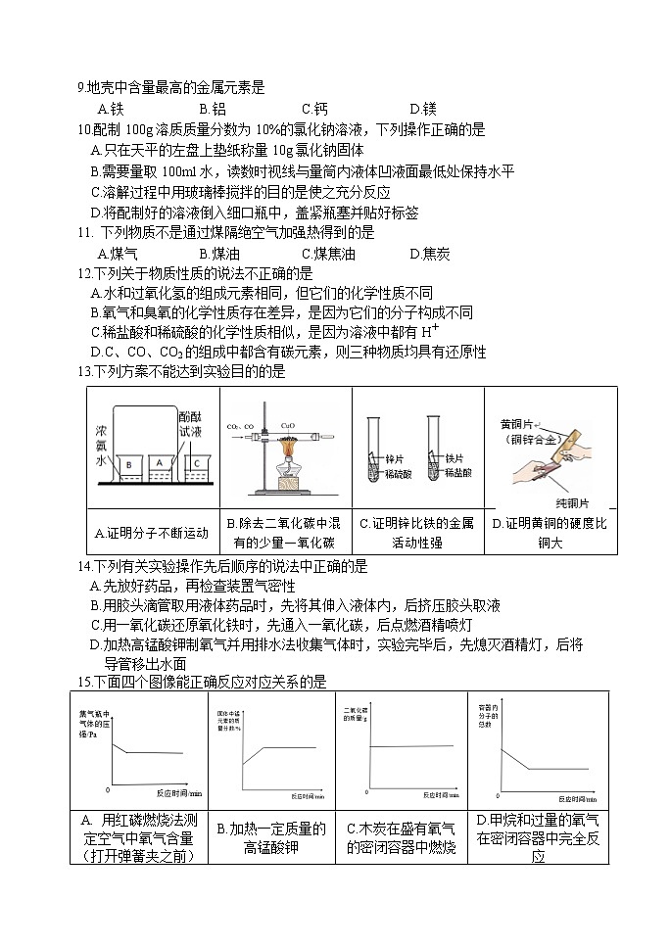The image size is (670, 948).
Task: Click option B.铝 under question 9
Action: click(x=212, y=109)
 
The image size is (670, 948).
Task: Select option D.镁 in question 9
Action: click(x=422, y=109)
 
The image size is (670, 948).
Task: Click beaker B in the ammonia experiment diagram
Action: click(x=129, y=463)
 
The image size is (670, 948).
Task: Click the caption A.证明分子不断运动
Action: click(x=152, y=534)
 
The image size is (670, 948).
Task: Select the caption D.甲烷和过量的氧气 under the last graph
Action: click(x=537, y=820)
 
